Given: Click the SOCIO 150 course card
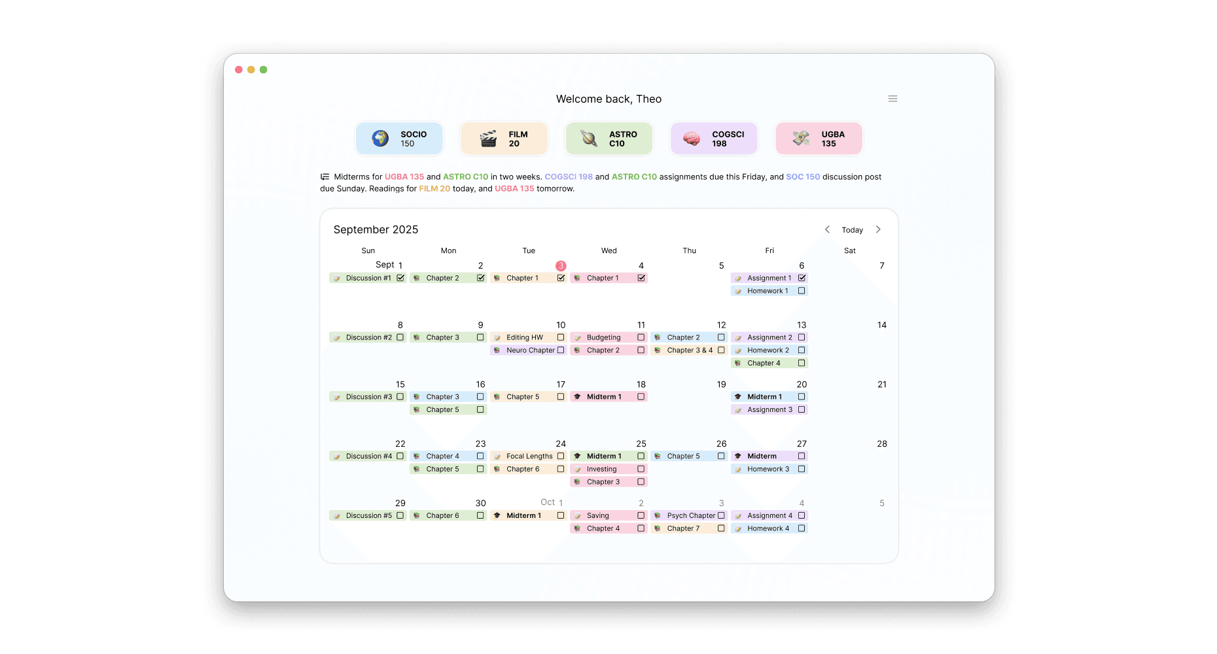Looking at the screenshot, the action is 399,139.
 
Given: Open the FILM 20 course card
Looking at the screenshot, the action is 504,139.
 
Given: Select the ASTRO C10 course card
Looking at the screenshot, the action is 608,139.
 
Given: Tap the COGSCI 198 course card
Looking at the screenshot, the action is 714,139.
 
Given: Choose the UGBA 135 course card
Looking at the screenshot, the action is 819,139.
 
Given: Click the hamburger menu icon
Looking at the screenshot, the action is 892,99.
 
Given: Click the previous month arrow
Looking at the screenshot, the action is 827,230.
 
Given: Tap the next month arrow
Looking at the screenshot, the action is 878,230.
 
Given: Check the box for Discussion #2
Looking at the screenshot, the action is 400,337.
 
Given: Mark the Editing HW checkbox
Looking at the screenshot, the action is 561,337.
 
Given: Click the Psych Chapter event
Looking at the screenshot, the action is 690,515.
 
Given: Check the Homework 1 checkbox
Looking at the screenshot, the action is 802,291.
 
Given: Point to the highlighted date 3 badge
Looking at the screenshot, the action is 561,266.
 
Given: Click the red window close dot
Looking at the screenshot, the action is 239,69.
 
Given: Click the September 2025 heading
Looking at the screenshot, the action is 376,230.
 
